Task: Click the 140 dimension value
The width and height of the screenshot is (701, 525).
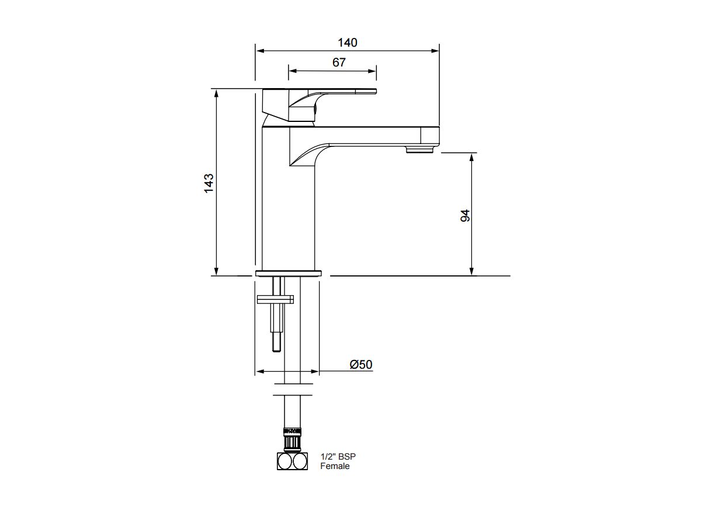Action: pyautogui.click(x=348, y=43)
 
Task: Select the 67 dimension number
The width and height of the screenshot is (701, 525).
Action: pyautogui.click(x=339, y=62)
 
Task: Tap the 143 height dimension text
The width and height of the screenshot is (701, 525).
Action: pyautogui.click(x=209, y=183)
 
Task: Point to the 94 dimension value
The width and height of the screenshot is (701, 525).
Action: pyautogui.click(x=465, y=216)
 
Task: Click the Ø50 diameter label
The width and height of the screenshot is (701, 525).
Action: pyautogui.click(x=361, y=365)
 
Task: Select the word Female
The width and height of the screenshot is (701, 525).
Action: pyautogui.click(x=335, y=466)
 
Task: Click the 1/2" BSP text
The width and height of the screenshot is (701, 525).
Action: pyautogui.click(x=338, y=457)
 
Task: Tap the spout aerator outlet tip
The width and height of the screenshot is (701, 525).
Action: pyautogui.click(x=419, y=150)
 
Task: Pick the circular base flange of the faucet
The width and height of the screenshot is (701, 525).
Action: pyautogui.click(x=289, y=273)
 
